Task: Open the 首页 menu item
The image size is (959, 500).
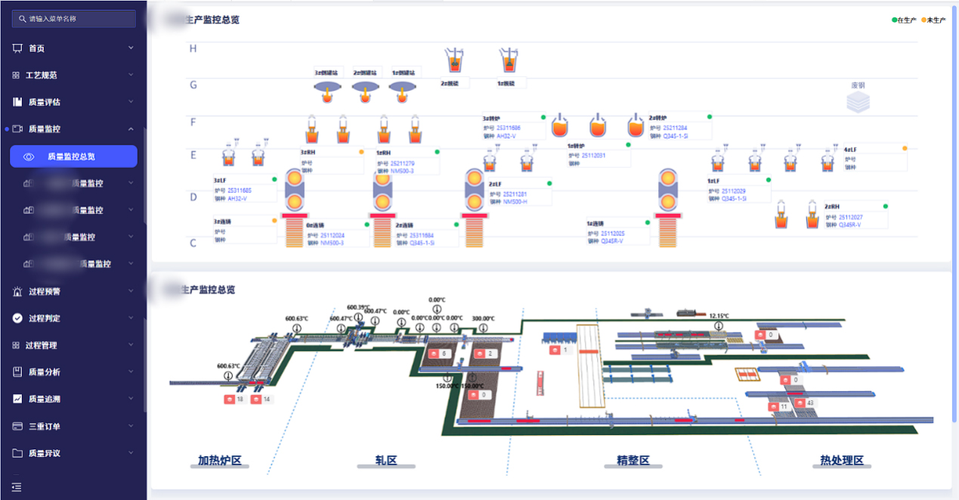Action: click(x=37, y=48)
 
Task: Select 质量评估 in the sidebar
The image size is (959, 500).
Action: click(x=45, y=102)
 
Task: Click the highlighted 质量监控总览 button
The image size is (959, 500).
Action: click(x=73, y=157)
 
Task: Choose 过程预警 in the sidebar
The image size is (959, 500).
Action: click(x=45, y=291)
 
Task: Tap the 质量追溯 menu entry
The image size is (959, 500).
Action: click(x=45, y=399)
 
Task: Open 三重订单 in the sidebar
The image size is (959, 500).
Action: click(x=45, y=426)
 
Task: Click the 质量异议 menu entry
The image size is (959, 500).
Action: click(x=45, y=453)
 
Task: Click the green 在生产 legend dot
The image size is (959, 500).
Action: click(x=894, y=20)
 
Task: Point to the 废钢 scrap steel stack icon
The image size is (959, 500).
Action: click(x=858, y=102)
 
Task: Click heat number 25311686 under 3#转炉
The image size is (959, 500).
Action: click(x=509, y=128)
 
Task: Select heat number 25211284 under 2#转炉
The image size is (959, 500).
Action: click(x=674, y=128)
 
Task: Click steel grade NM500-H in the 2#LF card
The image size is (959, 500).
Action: click(x=515, y=202)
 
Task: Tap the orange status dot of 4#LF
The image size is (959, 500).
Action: click(x=905, y=148)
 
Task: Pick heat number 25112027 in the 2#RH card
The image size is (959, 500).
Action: click(x=852, y=217)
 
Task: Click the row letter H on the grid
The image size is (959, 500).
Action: click(x=193, y=49)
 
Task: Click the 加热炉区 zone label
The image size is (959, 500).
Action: click(x=219, y=460)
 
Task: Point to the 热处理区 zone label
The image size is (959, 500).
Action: click(x=841, y=460)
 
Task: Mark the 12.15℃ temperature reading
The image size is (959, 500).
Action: click(x=719, y=315)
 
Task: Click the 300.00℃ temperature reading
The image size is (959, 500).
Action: click(x=483, y=318)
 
